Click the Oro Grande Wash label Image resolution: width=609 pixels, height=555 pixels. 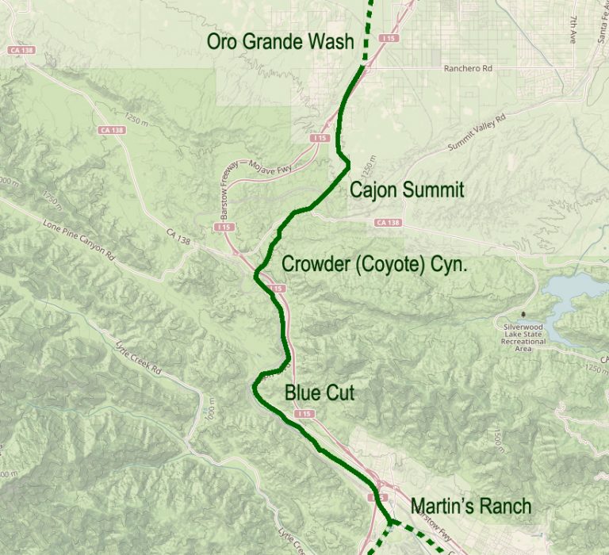coord(280,42)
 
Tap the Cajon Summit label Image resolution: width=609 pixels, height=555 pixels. coord(407,190)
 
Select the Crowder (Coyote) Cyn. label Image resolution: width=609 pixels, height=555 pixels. coord(374,264)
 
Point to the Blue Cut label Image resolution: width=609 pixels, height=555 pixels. coord(319,392)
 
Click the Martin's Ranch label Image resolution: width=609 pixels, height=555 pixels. coord(471,507)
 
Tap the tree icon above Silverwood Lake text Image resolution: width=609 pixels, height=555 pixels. coord(522,316)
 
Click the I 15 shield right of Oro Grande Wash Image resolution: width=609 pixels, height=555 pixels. coord(388,38)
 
